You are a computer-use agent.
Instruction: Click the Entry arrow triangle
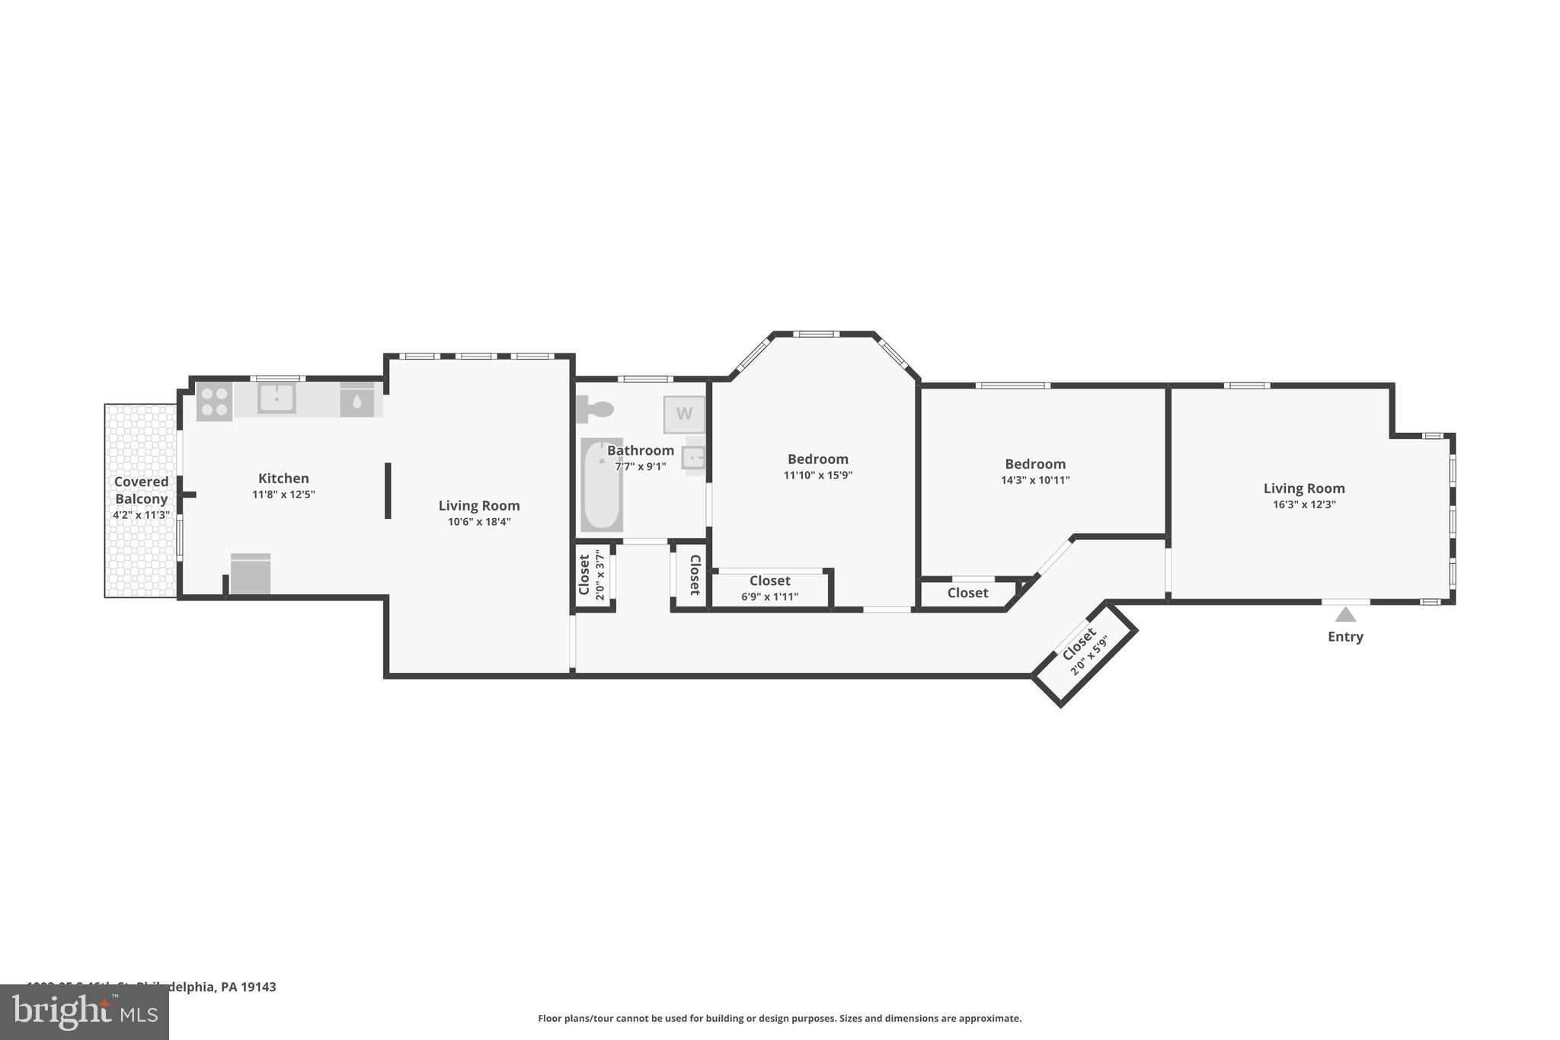click(1345, 614)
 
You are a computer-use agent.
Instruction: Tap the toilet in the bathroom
click(595, 410)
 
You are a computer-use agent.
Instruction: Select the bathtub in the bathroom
click(601, 485)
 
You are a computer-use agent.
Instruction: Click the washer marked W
click(684, 414)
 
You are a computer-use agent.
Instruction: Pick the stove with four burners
click(214, 401)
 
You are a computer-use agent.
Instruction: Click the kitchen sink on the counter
click(276, 398)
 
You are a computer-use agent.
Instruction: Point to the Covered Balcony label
click(142, 490)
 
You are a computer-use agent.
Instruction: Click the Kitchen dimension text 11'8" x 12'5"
click(283, 494)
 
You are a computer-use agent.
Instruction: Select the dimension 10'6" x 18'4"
click(479, 522)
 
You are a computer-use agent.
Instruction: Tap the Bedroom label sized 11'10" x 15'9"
click(817, 459)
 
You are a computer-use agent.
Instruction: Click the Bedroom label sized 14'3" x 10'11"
click(1035, 464)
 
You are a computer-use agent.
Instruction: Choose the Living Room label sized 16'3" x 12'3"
click(1304, 488)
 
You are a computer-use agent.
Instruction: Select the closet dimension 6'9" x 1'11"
click(769, 597)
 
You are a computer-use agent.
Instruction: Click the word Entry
click(1345, 637)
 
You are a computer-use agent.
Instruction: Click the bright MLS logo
click(85, 1012)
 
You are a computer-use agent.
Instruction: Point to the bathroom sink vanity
click(694, 458)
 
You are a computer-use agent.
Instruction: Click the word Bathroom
click(640, 450)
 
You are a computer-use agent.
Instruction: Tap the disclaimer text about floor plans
click(779, 1018)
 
